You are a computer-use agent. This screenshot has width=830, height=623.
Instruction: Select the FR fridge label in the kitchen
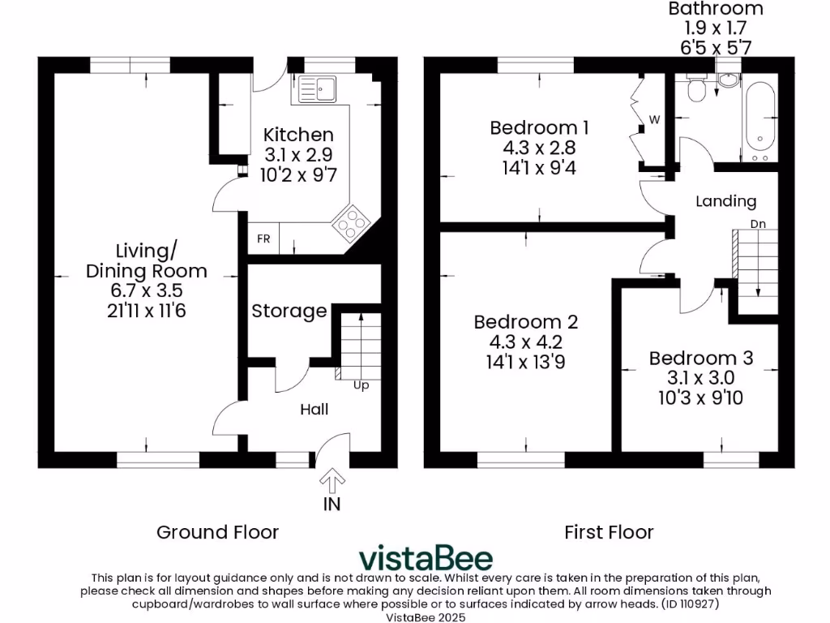click(263, 239)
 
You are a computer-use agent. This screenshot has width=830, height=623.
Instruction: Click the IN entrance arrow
click(332, 484)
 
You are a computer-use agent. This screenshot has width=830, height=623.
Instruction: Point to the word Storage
click(289, 311)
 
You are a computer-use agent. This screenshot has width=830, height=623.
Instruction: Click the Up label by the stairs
click(361, 385)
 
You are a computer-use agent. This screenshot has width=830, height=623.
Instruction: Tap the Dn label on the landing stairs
click(758, 223)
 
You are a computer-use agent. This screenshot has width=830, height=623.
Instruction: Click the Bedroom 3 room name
click(701, 358)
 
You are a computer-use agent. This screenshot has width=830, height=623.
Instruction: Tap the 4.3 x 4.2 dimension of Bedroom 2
click(526, 342)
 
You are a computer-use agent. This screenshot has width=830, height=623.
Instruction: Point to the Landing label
click(725, 201)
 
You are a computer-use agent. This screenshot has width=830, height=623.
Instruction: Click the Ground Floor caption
click(217, 532)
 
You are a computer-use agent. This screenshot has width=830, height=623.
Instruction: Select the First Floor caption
click(609, 532)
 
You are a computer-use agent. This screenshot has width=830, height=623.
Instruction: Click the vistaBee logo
click(426, 558)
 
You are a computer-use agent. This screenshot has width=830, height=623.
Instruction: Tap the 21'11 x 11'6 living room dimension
click(147, 310)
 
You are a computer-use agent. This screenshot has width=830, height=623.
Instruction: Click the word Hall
click(314, 410)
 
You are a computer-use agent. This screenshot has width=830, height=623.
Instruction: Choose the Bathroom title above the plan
click(716, 9)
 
